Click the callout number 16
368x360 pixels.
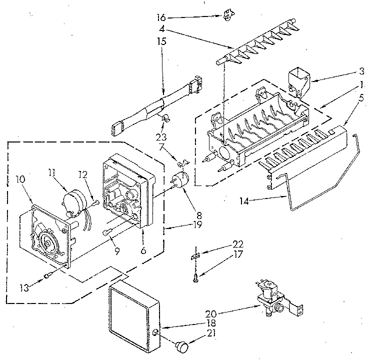(x=160, y=17)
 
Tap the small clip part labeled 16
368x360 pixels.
(x=227, y=16)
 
